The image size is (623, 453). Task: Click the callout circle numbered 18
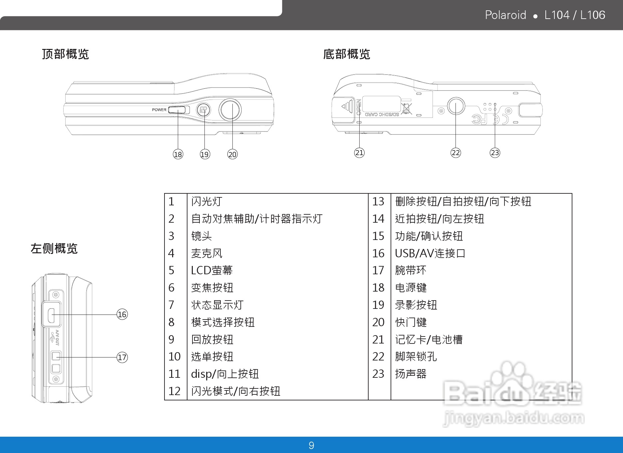178,154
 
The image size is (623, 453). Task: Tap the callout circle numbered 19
205,154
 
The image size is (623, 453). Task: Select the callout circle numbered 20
232,154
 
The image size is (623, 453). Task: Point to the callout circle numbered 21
359,152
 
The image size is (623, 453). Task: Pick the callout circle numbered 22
456,152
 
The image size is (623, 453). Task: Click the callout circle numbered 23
495,152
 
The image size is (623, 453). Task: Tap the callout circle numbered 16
122,314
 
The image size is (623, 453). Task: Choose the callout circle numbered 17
122,357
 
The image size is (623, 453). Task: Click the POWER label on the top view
159,110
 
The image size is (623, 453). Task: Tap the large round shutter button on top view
230,110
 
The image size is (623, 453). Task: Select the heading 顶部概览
66,54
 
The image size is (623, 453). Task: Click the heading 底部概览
347,54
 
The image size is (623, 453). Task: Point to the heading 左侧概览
54,248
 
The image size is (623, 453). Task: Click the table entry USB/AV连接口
430,253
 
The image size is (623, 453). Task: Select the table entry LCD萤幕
212,270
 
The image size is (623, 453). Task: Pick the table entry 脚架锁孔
416,356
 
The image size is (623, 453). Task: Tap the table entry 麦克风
206,253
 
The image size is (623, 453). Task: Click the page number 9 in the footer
311,445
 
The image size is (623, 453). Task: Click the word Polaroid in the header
505,15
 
